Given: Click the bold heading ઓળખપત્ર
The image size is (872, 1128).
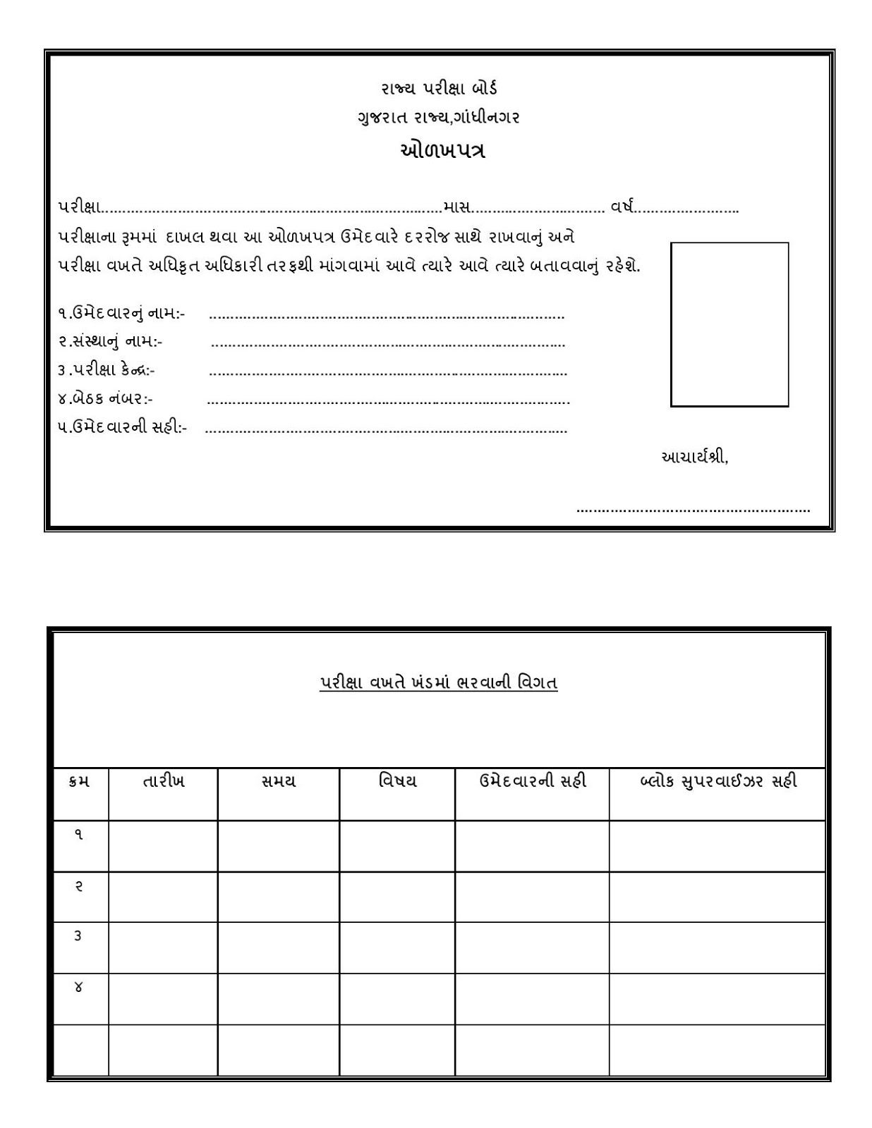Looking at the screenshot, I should (442, 151).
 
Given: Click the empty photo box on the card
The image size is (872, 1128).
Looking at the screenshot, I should (729, 324).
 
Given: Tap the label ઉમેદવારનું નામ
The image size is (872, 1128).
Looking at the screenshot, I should (121, 313).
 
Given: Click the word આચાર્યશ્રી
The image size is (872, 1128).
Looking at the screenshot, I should (694, 457).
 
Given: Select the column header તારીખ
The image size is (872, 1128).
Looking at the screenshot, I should (163, 781).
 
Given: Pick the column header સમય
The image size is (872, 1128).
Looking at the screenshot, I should (278, 781).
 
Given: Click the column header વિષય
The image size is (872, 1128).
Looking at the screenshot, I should (397, 781).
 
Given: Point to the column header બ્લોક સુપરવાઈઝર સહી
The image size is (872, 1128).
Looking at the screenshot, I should (717, 781).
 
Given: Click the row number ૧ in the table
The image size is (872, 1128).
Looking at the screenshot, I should (79, 835).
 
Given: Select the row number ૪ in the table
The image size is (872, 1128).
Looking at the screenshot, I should (78, 987).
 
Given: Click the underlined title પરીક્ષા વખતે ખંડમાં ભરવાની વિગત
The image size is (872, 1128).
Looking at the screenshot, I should (438, 682).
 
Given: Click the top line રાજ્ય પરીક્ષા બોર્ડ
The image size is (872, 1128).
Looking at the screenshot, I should (440, 88).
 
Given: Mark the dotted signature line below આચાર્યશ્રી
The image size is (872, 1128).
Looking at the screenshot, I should (693, 509).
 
